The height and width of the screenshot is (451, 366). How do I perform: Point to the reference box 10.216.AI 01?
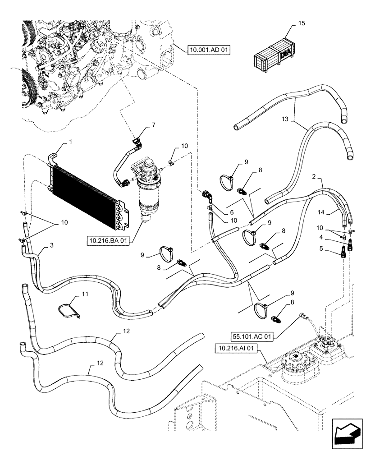[x=237, y=348]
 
